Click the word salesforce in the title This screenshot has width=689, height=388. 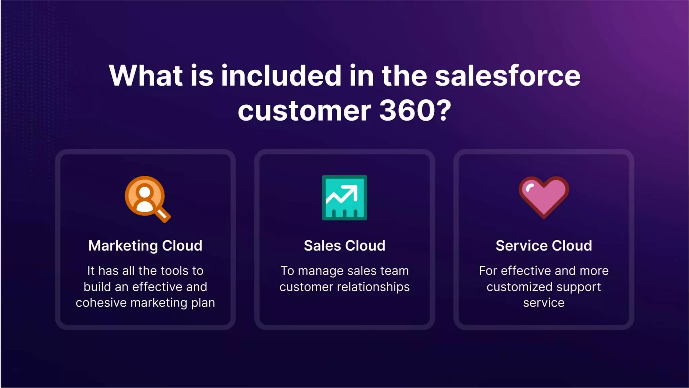[x=507, y=76]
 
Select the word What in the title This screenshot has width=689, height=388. [x=146, y=76]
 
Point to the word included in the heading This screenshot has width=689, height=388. [x=281, y=76]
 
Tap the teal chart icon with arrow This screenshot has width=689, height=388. [x=344, y=198]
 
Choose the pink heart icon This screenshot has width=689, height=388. [x=544, y=197]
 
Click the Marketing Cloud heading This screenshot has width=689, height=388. [x=145, y=246]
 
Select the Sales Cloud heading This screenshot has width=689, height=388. [x=344, y=246]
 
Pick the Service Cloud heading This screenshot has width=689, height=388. [x=544, y=246]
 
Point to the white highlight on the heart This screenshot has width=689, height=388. [x=529, y=187]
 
